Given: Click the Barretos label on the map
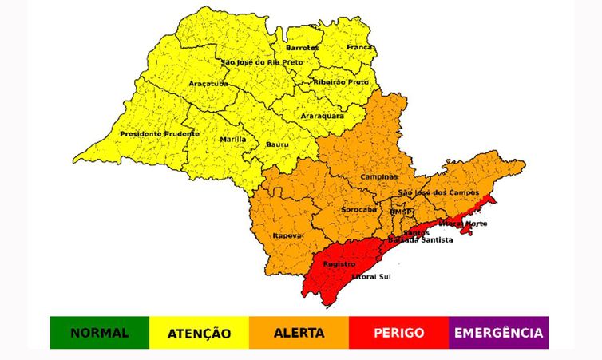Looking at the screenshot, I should click(302, 48).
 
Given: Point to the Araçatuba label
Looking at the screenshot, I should click(208, 83).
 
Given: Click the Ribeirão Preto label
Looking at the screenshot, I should click(343, 81).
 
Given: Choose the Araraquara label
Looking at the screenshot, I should click(323, 116).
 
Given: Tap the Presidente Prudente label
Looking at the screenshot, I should click(160, 133).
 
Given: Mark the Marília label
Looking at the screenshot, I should click(233, 139).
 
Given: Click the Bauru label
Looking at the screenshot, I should click(278, 145).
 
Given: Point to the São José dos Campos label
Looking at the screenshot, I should click(438, 193).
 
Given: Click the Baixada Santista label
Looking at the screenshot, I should click(421, 239).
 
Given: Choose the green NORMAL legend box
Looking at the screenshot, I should click(99, 333).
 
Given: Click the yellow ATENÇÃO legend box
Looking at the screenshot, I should click(199, 333).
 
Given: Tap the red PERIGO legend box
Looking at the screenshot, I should click(398, 333).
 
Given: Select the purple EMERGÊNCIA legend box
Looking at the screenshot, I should click(498, 333).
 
